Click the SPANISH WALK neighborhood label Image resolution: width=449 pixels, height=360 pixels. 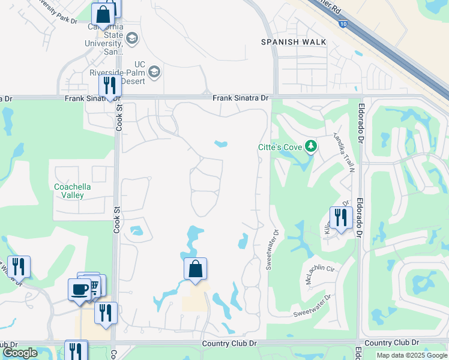[294, 42]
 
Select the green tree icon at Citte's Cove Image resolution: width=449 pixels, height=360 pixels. [310, 146]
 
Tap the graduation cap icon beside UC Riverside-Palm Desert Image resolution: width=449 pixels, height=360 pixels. [154, 73]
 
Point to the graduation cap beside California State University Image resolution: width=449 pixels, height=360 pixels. [132, 40]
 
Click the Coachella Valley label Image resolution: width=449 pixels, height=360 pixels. [73, 191]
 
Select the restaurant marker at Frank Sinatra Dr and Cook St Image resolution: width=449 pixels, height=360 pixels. [109, 86]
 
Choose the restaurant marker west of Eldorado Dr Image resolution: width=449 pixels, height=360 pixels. [340, 217]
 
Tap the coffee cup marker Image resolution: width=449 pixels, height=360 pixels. [80, 290]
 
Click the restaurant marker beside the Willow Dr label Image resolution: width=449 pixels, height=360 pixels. [19, 266]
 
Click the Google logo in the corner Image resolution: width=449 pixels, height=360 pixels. [20, 353]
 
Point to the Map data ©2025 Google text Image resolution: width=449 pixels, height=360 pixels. [411, 355]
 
